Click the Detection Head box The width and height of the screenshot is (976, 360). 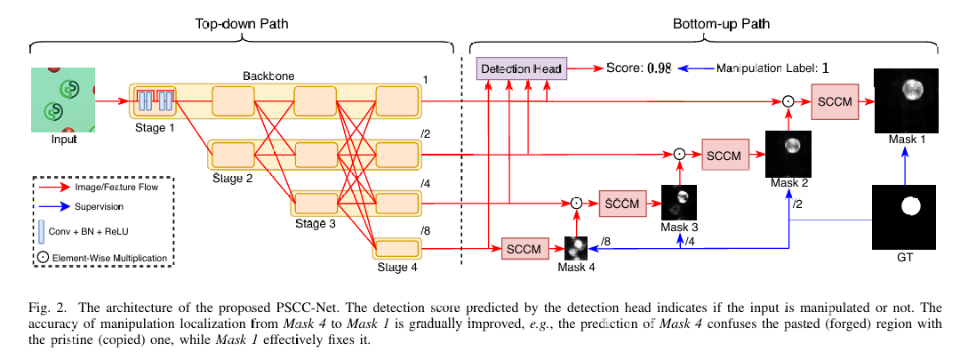[x=522, y=68]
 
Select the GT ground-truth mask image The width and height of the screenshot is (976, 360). [x=905, y=218]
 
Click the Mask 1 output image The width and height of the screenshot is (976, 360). [x=906, y=100]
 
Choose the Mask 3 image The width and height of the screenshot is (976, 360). [x=679, y=203]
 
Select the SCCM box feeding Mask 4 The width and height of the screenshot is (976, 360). [x=524, y=248]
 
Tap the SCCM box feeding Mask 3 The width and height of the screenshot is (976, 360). [x=621, y=203]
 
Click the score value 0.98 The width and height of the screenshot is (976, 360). [x=659, y=68]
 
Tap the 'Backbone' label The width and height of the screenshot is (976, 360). [x=268, y=77]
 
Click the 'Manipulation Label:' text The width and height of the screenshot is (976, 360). [x=766, y=68]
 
